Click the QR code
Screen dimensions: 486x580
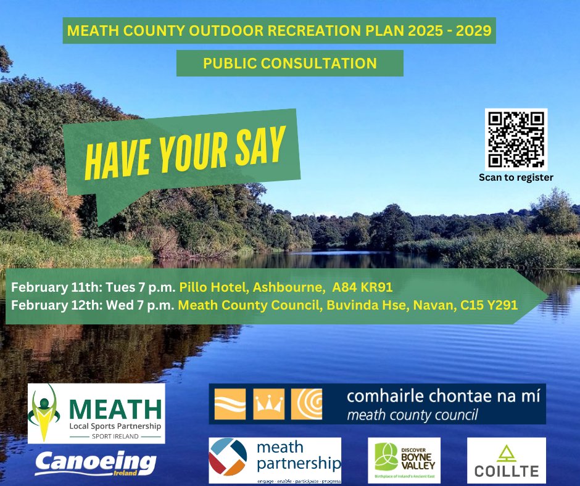(x=516, y=139)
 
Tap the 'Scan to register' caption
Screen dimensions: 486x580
(x=516, y=178)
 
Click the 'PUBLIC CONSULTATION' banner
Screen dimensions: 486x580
(x=289, y=63)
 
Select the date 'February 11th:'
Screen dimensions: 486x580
(x=49, y=287)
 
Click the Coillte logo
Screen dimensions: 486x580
(x=506, y=461)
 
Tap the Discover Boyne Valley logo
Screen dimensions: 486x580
(x=404, y=461)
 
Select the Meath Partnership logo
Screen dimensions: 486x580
(x=275, y=459)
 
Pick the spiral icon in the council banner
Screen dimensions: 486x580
(x=306, y=404)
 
